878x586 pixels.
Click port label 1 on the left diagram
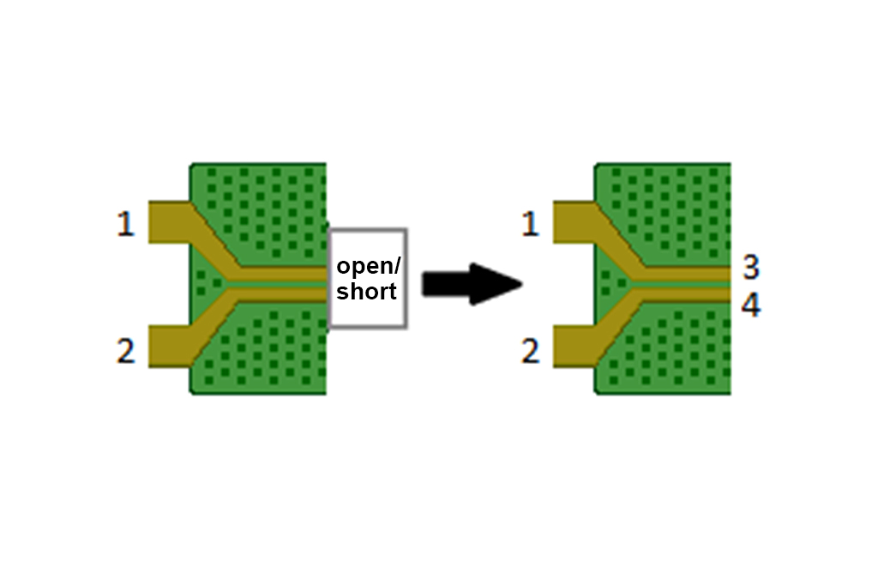click(x=126, y=225)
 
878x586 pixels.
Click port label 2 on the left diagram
click(x=126, y=351)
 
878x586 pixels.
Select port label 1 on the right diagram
click(x=531, y=225)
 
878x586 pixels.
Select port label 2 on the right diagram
click(x=531, y=351)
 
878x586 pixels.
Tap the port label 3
click(x=751, y=268)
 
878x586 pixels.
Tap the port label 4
click(x=751, y=306)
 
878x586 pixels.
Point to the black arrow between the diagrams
click(x=472, y=284)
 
